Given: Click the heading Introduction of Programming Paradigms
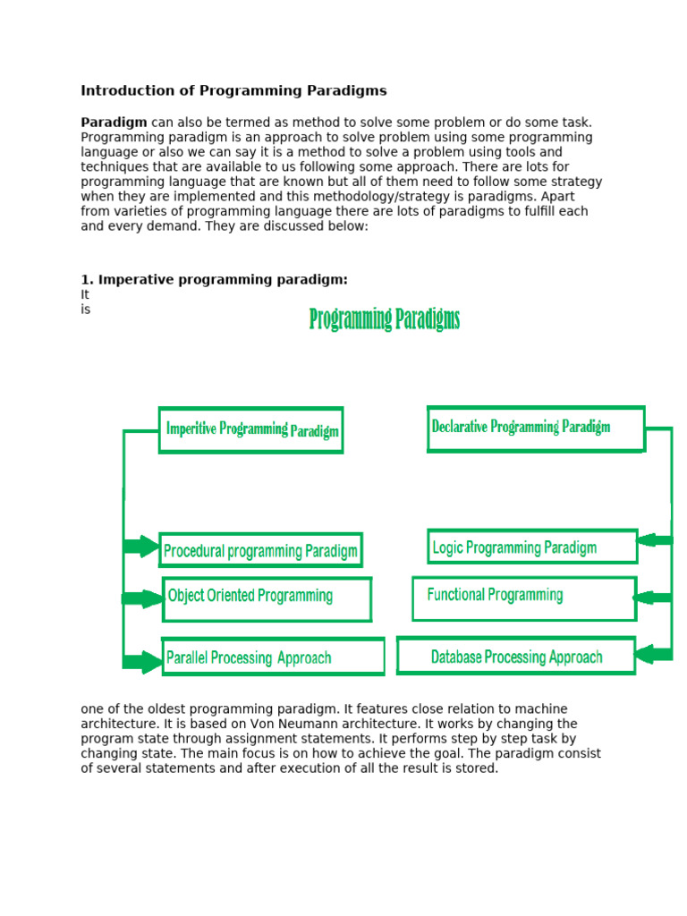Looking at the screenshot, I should click(233, 90).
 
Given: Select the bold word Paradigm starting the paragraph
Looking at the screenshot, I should click(114, 123).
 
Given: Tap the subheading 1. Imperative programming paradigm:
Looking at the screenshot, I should click(214, 280).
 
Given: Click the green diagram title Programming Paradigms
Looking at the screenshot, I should click(385, 319).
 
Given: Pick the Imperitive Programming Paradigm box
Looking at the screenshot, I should click(251, 430).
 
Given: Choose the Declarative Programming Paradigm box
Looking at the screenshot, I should click(535, 428).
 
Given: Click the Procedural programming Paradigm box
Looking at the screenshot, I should click(261, 550).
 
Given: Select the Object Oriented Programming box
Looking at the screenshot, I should click(267, 598).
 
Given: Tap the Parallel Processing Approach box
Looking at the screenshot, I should click(273, 657).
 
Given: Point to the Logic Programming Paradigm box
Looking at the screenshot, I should click(532, 547).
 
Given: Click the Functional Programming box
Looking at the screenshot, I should click(523, 598).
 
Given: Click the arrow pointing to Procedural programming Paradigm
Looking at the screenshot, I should click(141, 547).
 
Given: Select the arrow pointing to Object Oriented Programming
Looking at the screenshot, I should click(143, 598).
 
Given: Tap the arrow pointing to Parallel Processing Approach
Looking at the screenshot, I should click(143, 662).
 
